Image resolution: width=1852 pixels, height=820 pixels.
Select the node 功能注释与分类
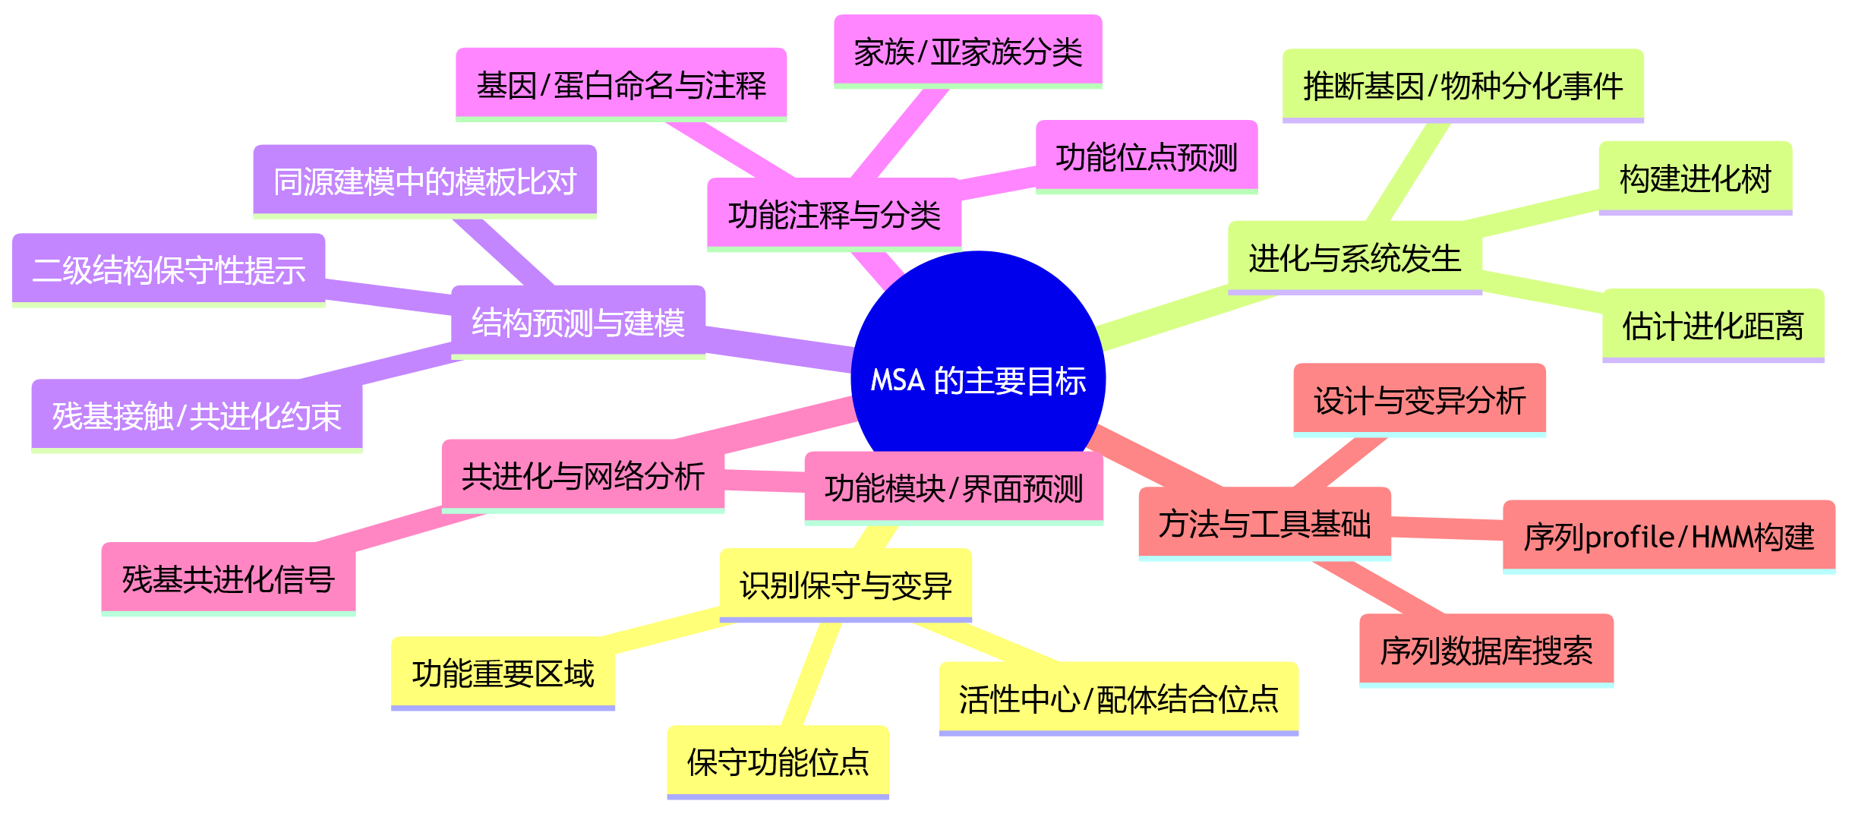[x=834, y=214]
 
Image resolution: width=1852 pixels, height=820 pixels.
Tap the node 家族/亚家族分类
[x=967, y=52]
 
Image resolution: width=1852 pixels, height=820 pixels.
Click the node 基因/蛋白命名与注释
[x=620, y=84]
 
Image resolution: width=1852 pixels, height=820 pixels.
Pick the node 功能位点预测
[x=1146, y=156]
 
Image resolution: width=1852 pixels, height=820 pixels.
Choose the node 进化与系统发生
[x=1354, y=257]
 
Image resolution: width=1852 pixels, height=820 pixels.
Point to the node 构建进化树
[x=1695, y=178]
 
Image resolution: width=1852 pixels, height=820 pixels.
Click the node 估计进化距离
[x=1712, y=325]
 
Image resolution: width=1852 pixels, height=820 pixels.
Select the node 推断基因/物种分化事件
[x=1462, y=85]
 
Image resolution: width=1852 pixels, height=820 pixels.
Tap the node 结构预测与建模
[x=578, y=321]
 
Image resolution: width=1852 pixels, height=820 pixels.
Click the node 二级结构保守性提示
[x=169, y=270]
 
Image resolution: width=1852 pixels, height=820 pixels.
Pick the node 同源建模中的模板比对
[x=424, y=181]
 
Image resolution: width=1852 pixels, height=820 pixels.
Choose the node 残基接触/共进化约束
[x=197, y=415]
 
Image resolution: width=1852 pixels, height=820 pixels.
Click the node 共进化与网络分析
[x=582, y=476]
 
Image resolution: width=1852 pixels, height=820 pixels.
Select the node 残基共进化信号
[x=228, y=579]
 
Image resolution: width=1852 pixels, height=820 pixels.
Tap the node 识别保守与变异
[x=845, y=585]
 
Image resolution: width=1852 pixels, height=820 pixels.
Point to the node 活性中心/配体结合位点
[x=1118, y=699]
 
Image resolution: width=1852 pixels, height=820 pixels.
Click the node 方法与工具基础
[x=1264, y=523]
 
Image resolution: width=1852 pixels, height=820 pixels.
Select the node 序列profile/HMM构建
[x=1668, y=536]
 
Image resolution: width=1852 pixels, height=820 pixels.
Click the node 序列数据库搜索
[x=1485, y=650]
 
